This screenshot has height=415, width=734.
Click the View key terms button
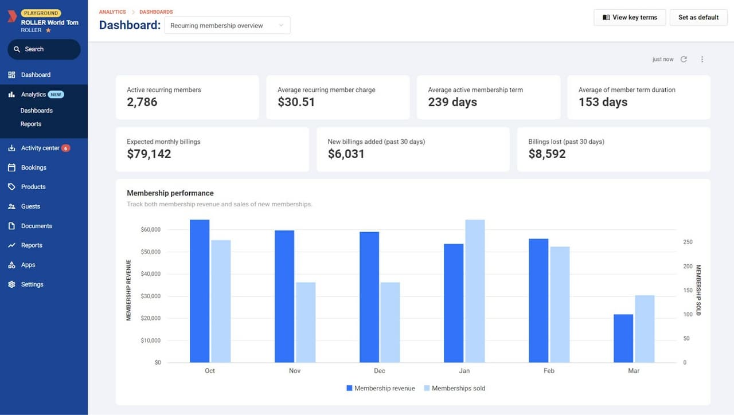630,17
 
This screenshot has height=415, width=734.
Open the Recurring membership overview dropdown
227,25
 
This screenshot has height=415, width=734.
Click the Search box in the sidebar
44,49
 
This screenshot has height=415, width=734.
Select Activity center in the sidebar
40,148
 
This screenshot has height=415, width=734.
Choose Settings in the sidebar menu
32,284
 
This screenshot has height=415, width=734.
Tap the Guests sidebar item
30,206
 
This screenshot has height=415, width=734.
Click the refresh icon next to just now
684,59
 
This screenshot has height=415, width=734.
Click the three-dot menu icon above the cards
702,59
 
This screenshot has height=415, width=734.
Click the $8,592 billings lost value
547,154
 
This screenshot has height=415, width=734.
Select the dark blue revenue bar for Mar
623,338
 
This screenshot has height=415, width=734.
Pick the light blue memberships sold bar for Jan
475,291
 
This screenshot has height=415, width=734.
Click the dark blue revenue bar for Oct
200,291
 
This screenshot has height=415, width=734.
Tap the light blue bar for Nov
306,322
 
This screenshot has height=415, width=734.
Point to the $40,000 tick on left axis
150,274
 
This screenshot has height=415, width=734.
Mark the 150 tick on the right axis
688,291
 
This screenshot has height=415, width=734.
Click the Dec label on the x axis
379,371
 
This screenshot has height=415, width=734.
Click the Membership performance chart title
170,193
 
